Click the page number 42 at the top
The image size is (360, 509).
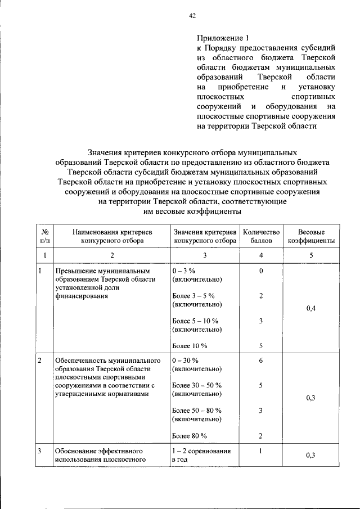click(192, 16)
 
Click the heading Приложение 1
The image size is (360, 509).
click(222, 39)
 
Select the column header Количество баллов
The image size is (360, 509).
click(260, 236)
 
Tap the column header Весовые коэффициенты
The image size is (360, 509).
click(311, 236)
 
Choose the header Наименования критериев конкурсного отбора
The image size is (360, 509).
click(112, 236)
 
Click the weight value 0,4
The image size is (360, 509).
click(311, 308)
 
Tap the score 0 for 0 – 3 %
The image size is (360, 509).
click(261, 271)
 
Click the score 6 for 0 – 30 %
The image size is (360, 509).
click(261, 361)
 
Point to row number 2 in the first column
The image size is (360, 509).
click(40, 361)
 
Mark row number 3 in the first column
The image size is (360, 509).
click(40, 451)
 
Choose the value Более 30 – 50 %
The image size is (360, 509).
click(197, 385)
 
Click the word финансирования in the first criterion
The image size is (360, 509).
click(81, 296)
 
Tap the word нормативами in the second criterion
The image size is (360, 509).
click(131, 394)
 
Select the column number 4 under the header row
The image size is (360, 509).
click(261, 255)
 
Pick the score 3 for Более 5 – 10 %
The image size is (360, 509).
click(261, 321)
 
